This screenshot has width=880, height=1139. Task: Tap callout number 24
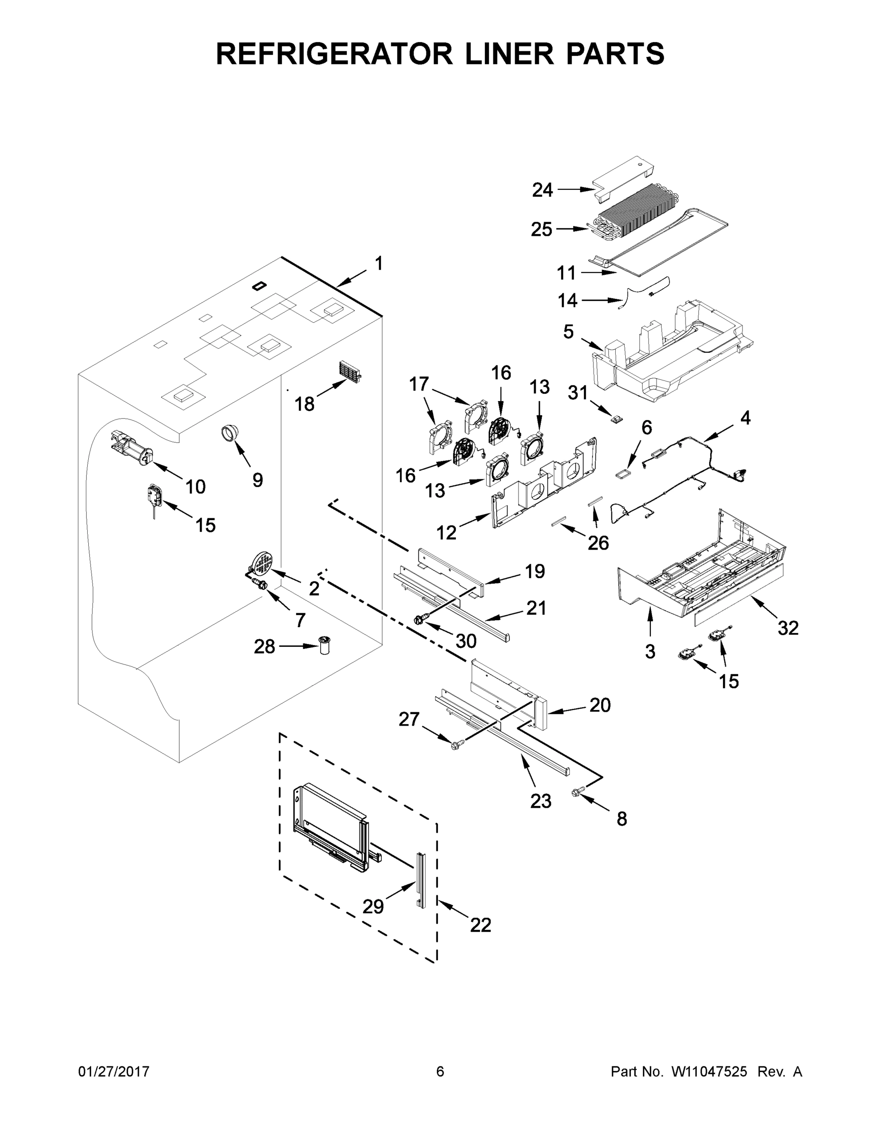[x=542, y=190]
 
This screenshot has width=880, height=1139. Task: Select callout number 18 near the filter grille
[x=305, y=404]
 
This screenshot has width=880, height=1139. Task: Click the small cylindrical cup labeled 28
[x=326, y=645]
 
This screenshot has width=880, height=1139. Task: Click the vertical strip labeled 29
[x=420, y=880]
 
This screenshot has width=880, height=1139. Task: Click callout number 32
[x=787, y=628]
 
